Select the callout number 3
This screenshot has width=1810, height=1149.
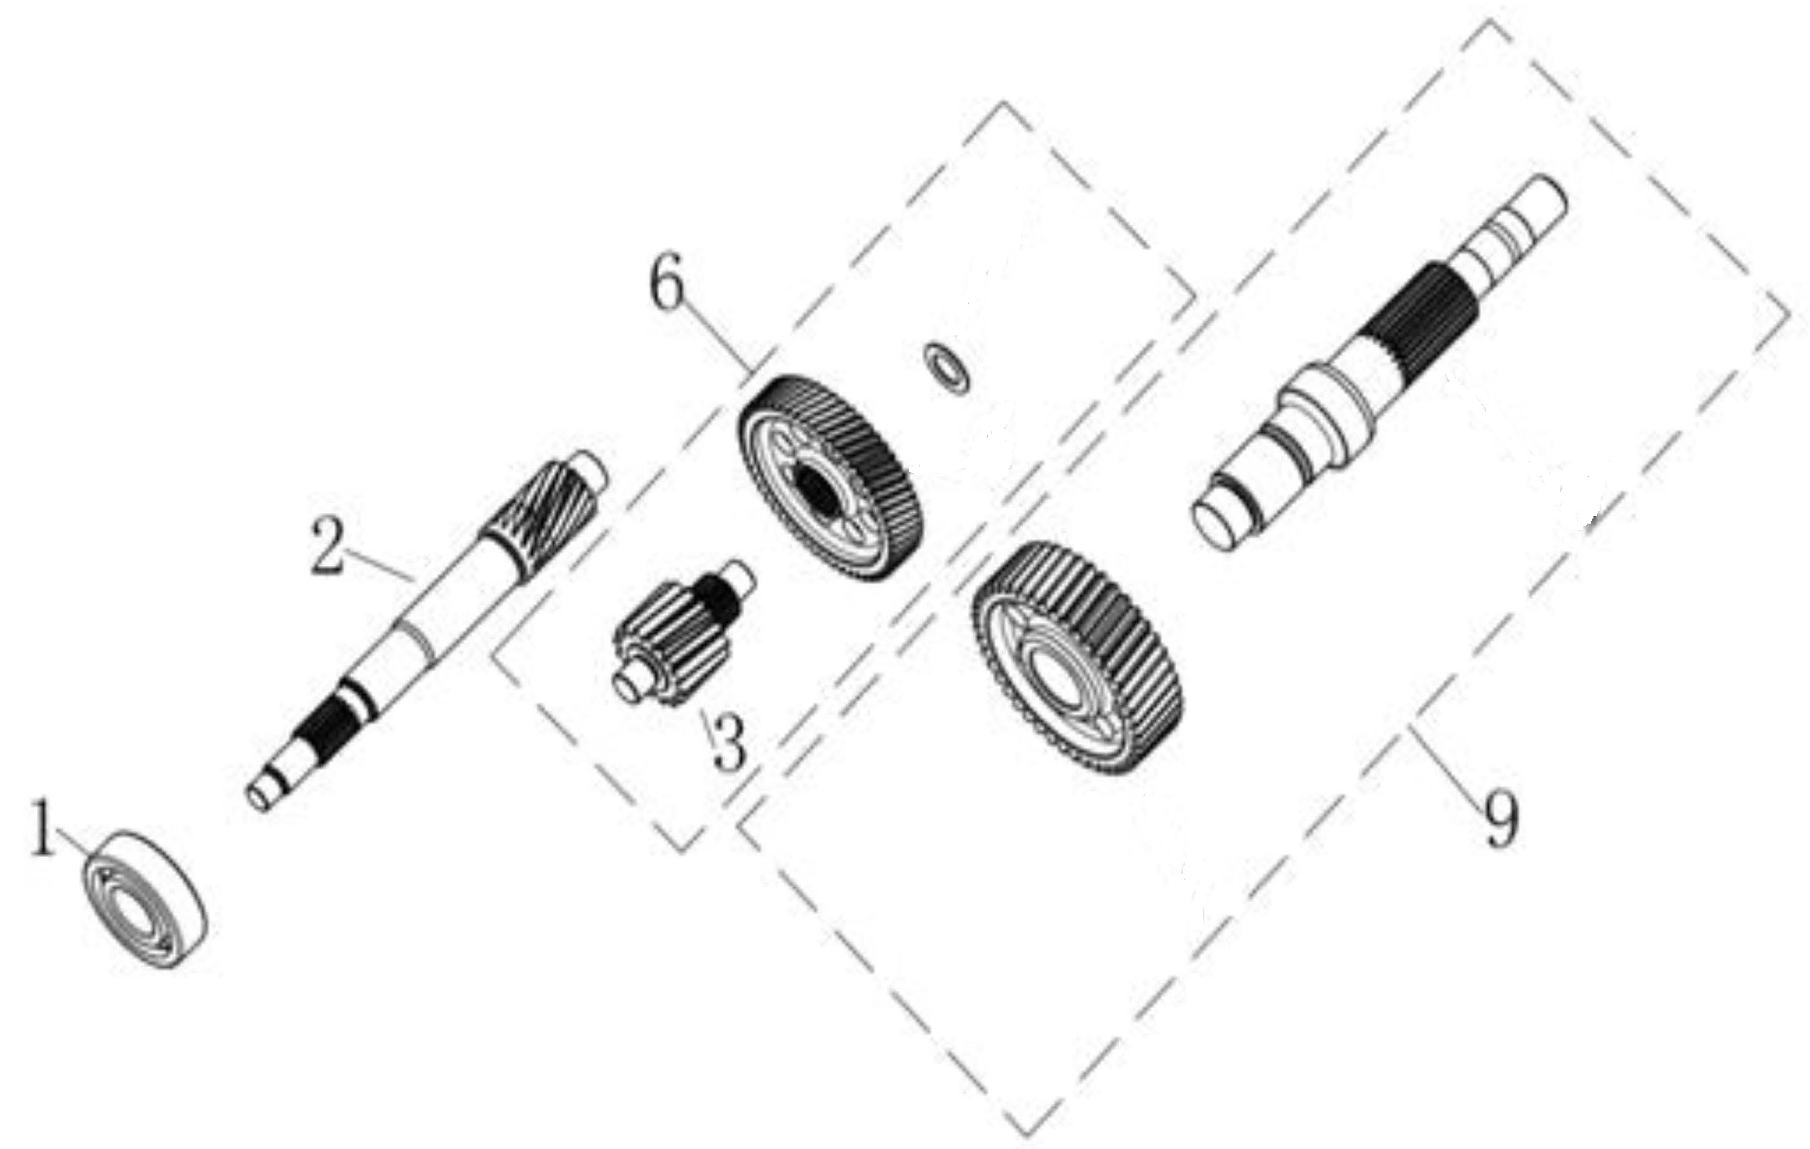click(729, 742)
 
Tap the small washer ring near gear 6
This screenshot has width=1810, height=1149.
click(945, 367)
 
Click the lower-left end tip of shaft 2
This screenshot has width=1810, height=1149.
click(260, 798)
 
